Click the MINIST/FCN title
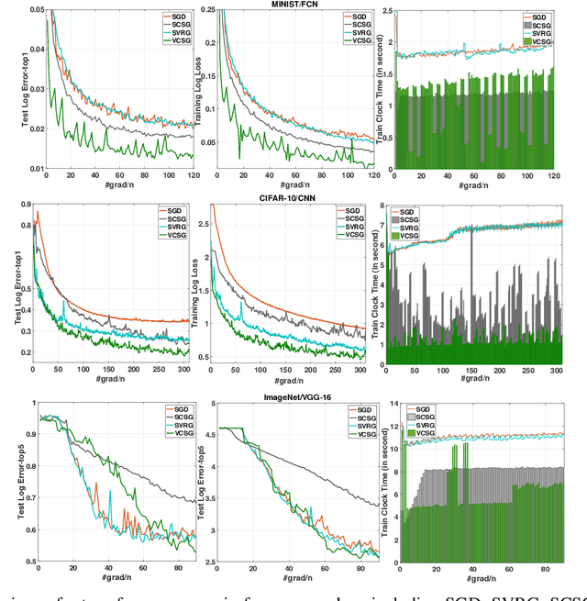[293, 5]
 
